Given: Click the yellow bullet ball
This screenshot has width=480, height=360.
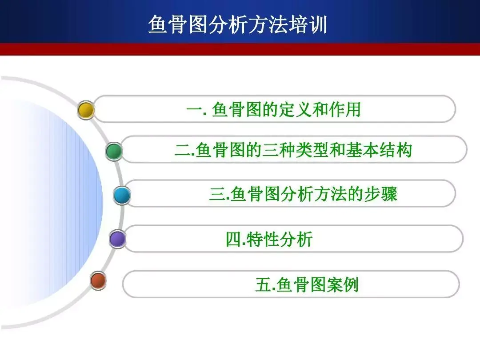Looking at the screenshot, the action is click(x=86, y=110).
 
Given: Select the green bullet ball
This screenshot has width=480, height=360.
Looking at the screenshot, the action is click(x=114, y=151).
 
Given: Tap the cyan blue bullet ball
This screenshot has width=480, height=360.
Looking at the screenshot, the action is click(x=122, y=195).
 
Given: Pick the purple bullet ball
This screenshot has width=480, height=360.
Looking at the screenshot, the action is click(x=117, y=239).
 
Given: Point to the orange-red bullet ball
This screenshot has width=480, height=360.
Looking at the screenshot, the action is click(x=98, y=280).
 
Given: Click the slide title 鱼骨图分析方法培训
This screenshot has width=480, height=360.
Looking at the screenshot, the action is click(x=237, y=24).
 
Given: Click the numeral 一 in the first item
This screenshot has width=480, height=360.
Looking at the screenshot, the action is click(x=194, y=110).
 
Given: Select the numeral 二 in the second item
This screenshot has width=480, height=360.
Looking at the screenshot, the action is click(x=183, y=150).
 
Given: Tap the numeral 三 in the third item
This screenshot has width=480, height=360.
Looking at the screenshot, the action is click(x=217, y=194).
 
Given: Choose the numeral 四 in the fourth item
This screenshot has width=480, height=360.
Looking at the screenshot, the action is click(x=234, y=240).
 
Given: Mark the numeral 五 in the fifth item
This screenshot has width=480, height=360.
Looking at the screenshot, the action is click(x=263, y=285).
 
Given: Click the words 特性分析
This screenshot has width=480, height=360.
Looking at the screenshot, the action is click(x=280, y=240).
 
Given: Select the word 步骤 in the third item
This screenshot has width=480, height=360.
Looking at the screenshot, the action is click(x=380, y=194).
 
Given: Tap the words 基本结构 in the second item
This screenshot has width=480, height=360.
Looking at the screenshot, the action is click(x=379, y=150).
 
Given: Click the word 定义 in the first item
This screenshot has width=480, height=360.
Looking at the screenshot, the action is click(x=296, y=110).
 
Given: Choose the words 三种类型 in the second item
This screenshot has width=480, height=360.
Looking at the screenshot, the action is click(x=296, y=150).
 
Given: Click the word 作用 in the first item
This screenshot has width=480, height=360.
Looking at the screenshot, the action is click(x=345, y=110).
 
